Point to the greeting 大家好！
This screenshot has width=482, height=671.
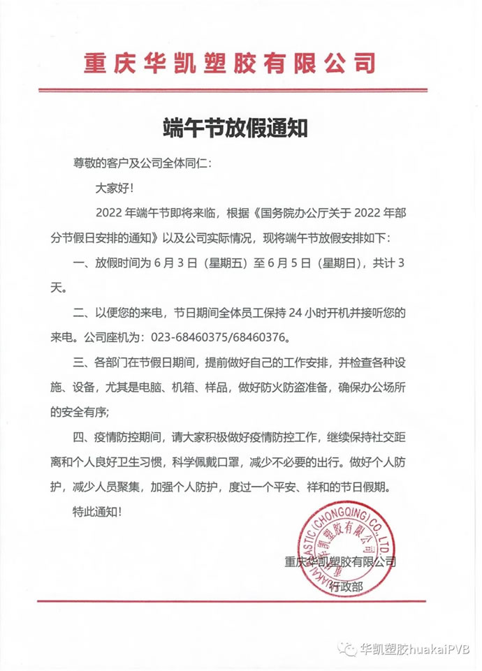coord(111,187)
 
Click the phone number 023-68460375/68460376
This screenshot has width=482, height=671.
coord(214,337)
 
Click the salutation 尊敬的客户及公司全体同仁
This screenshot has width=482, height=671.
coord(140,163)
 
